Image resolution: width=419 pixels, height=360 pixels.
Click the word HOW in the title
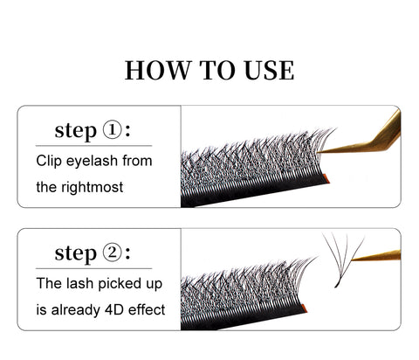point(157,70)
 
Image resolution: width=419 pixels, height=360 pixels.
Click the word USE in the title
point(269,70)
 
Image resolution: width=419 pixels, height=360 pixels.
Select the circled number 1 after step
point(112,130)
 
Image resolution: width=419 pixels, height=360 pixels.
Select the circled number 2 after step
point(112,253)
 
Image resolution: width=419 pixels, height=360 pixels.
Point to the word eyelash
point(92,162)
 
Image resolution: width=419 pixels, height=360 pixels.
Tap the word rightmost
point(93,187)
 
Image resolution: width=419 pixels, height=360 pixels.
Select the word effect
point(147,309)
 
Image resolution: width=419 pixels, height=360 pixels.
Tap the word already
point(75,310)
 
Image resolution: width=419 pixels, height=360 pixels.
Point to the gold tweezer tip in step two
point(353,259)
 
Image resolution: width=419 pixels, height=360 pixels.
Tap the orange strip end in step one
point(326,178)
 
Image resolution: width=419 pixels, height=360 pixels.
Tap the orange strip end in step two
point(305,308)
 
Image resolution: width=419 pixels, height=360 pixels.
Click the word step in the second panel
point(76,253)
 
